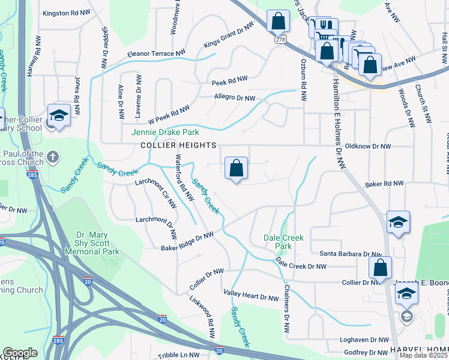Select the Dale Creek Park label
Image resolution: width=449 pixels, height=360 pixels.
tap(284, 242)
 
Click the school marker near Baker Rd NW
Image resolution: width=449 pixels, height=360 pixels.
tap(398, 223)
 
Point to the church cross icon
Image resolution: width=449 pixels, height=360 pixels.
tap(52, 157)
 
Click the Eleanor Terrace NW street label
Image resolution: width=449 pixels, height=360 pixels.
tap(156, 54)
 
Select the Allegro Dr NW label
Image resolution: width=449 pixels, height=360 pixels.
tap(235, 97)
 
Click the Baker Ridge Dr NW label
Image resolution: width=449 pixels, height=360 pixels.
tap(187, 241)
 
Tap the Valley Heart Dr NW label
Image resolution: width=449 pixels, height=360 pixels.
tap(251, 295)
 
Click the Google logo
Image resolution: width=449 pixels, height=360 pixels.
tap(20, 353)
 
